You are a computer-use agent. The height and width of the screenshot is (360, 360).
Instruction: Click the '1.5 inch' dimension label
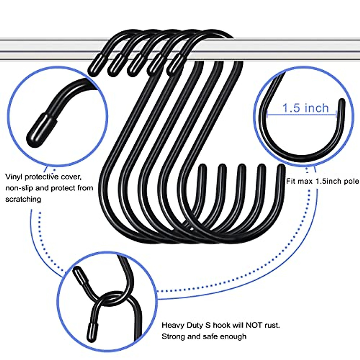(305, 108)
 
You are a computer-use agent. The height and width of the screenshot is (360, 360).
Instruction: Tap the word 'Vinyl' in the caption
(14, 176)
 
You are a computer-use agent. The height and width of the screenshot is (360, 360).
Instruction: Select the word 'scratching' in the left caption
(23, 199)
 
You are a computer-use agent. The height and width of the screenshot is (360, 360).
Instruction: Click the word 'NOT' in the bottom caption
(254, 325)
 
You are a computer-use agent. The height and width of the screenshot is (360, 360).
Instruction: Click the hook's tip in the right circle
(341, 105)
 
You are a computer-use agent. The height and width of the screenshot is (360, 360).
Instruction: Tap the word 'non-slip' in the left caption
(19, 188)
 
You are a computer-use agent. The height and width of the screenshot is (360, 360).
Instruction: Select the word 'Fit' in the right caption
(291, 181)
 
